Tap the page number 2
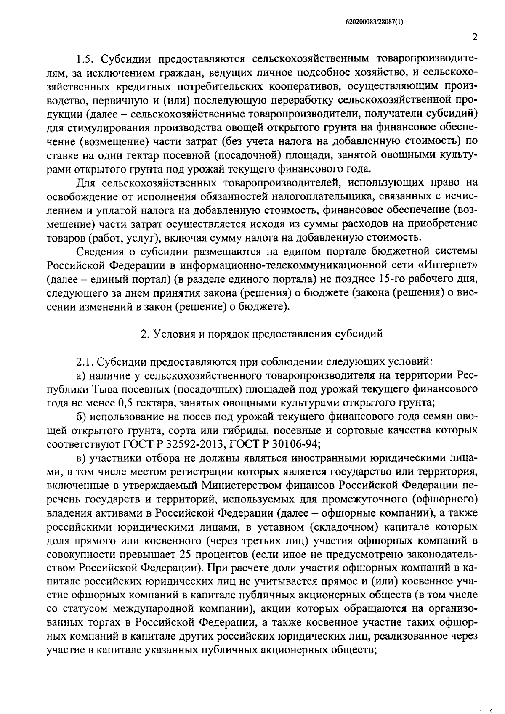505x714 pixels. (x=475, y=37)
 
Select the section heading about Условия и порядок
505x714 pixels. (x=261, y=334)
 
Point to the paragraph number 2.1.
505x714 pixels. (x=85, y=361)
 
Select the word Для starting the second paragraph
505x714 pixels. (x=86, y=183)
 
